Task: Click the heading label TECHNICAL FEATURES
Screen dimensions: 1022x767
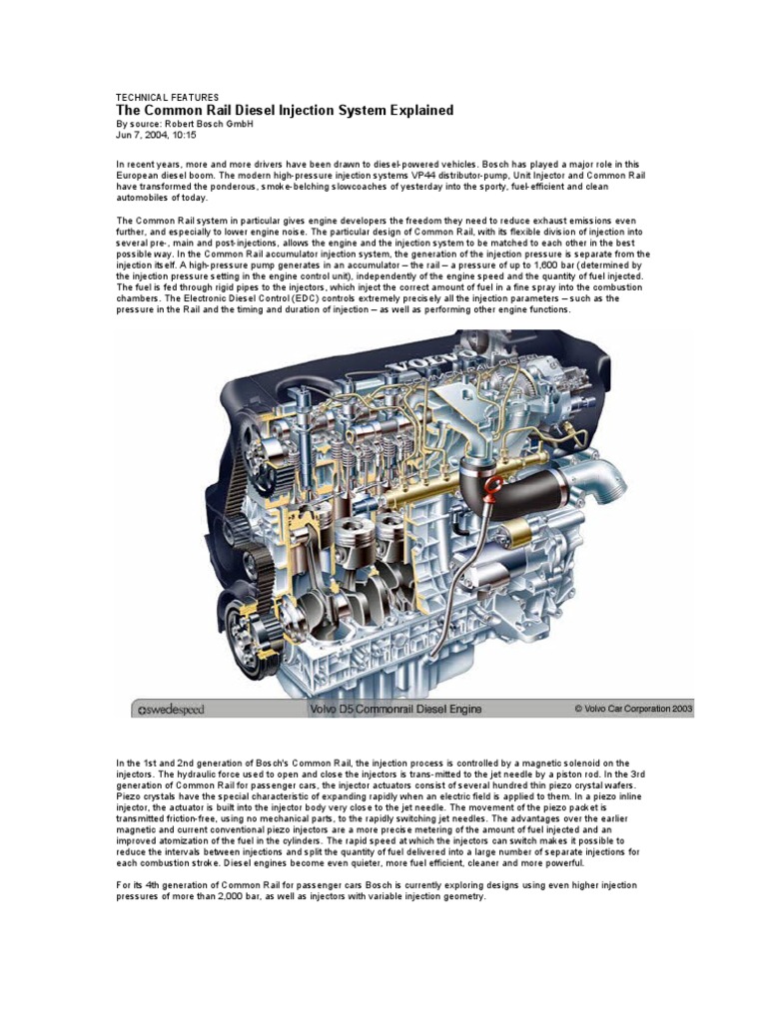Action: pos(167,97)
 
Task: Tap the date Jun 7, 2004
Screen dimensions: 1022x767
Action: pos(149,135)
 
